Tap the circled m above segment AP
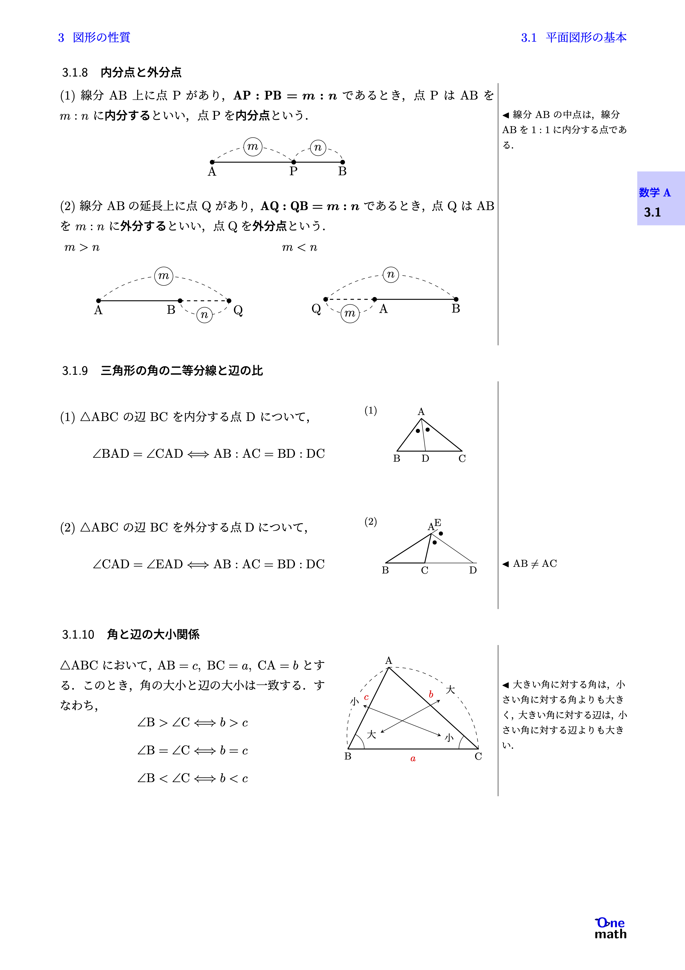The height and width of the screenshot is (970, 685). coord(253,147)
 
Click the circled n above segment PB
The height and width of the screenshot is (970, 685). coord(318,147)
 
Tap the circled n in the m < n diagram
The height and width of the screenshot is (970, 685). coord(391,275)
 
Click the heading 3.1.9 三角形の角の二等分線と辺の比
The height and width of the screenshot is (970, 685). coord(162,370)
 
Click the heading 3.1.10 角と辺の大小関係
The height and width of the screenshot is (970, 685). coord(131,634)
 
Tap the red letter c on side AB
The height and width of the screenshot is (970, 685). coord(366,697)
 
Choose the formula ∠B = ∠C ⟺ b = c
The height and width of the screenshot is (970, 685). coord(192,750)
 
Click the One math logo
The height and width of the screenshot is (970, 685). coord(610,929)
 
